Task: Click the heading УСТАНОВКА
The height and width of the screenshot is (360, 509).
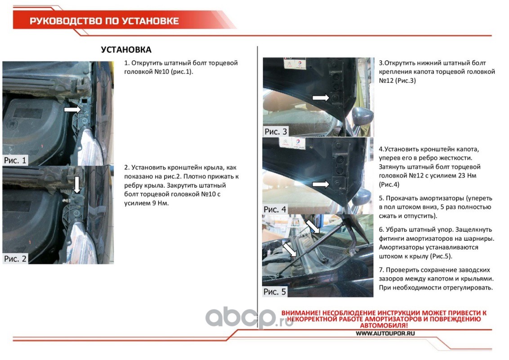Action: click(x=126, y=49)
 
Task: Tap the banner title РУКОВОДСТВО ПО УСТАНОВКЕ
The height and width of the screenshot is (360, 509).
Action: click(x=104, y=21)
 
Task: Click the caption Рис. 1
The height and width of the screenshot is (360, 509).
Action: click(x=15, y=160)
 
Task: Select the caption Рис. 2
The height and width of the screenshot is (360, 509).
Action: click(x=15, y=259)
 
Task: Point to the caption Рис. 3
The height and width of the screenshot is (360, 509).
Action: click(x=276, y=131)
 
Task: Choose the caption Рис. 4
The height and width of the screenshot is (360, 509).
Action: click(x=275, y=209)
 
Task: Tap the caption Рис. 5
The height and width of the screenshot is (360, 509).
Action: click(x=275, y=292)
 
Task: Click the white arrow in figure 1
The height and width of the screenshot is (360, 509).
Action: click(x=72, y=109)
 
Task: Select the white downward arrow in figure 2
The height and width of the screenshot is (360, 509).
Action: click(x=76, y=185)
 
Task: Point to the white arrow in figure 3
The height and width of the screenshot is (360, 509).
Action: click(x=321, y=98)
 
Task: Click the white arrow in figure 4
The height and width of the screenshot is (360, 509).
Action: click(x=321, y=184)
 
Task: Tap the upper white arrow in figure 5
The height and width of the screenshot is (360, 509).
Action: click(x=313, y=227)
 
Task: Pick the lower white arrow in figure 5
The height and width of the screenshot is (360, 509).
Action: click(x=290, y=250)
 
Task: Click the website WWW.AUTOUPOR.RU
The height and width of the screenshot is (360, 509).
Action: click(x=385, y=333)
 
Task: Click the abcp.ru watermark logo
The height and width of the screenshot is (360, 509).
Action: click(x=245, y=317)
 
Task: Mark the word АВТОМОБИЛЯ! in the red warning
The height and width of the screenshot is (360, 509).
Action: click(x=384, y=325)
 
